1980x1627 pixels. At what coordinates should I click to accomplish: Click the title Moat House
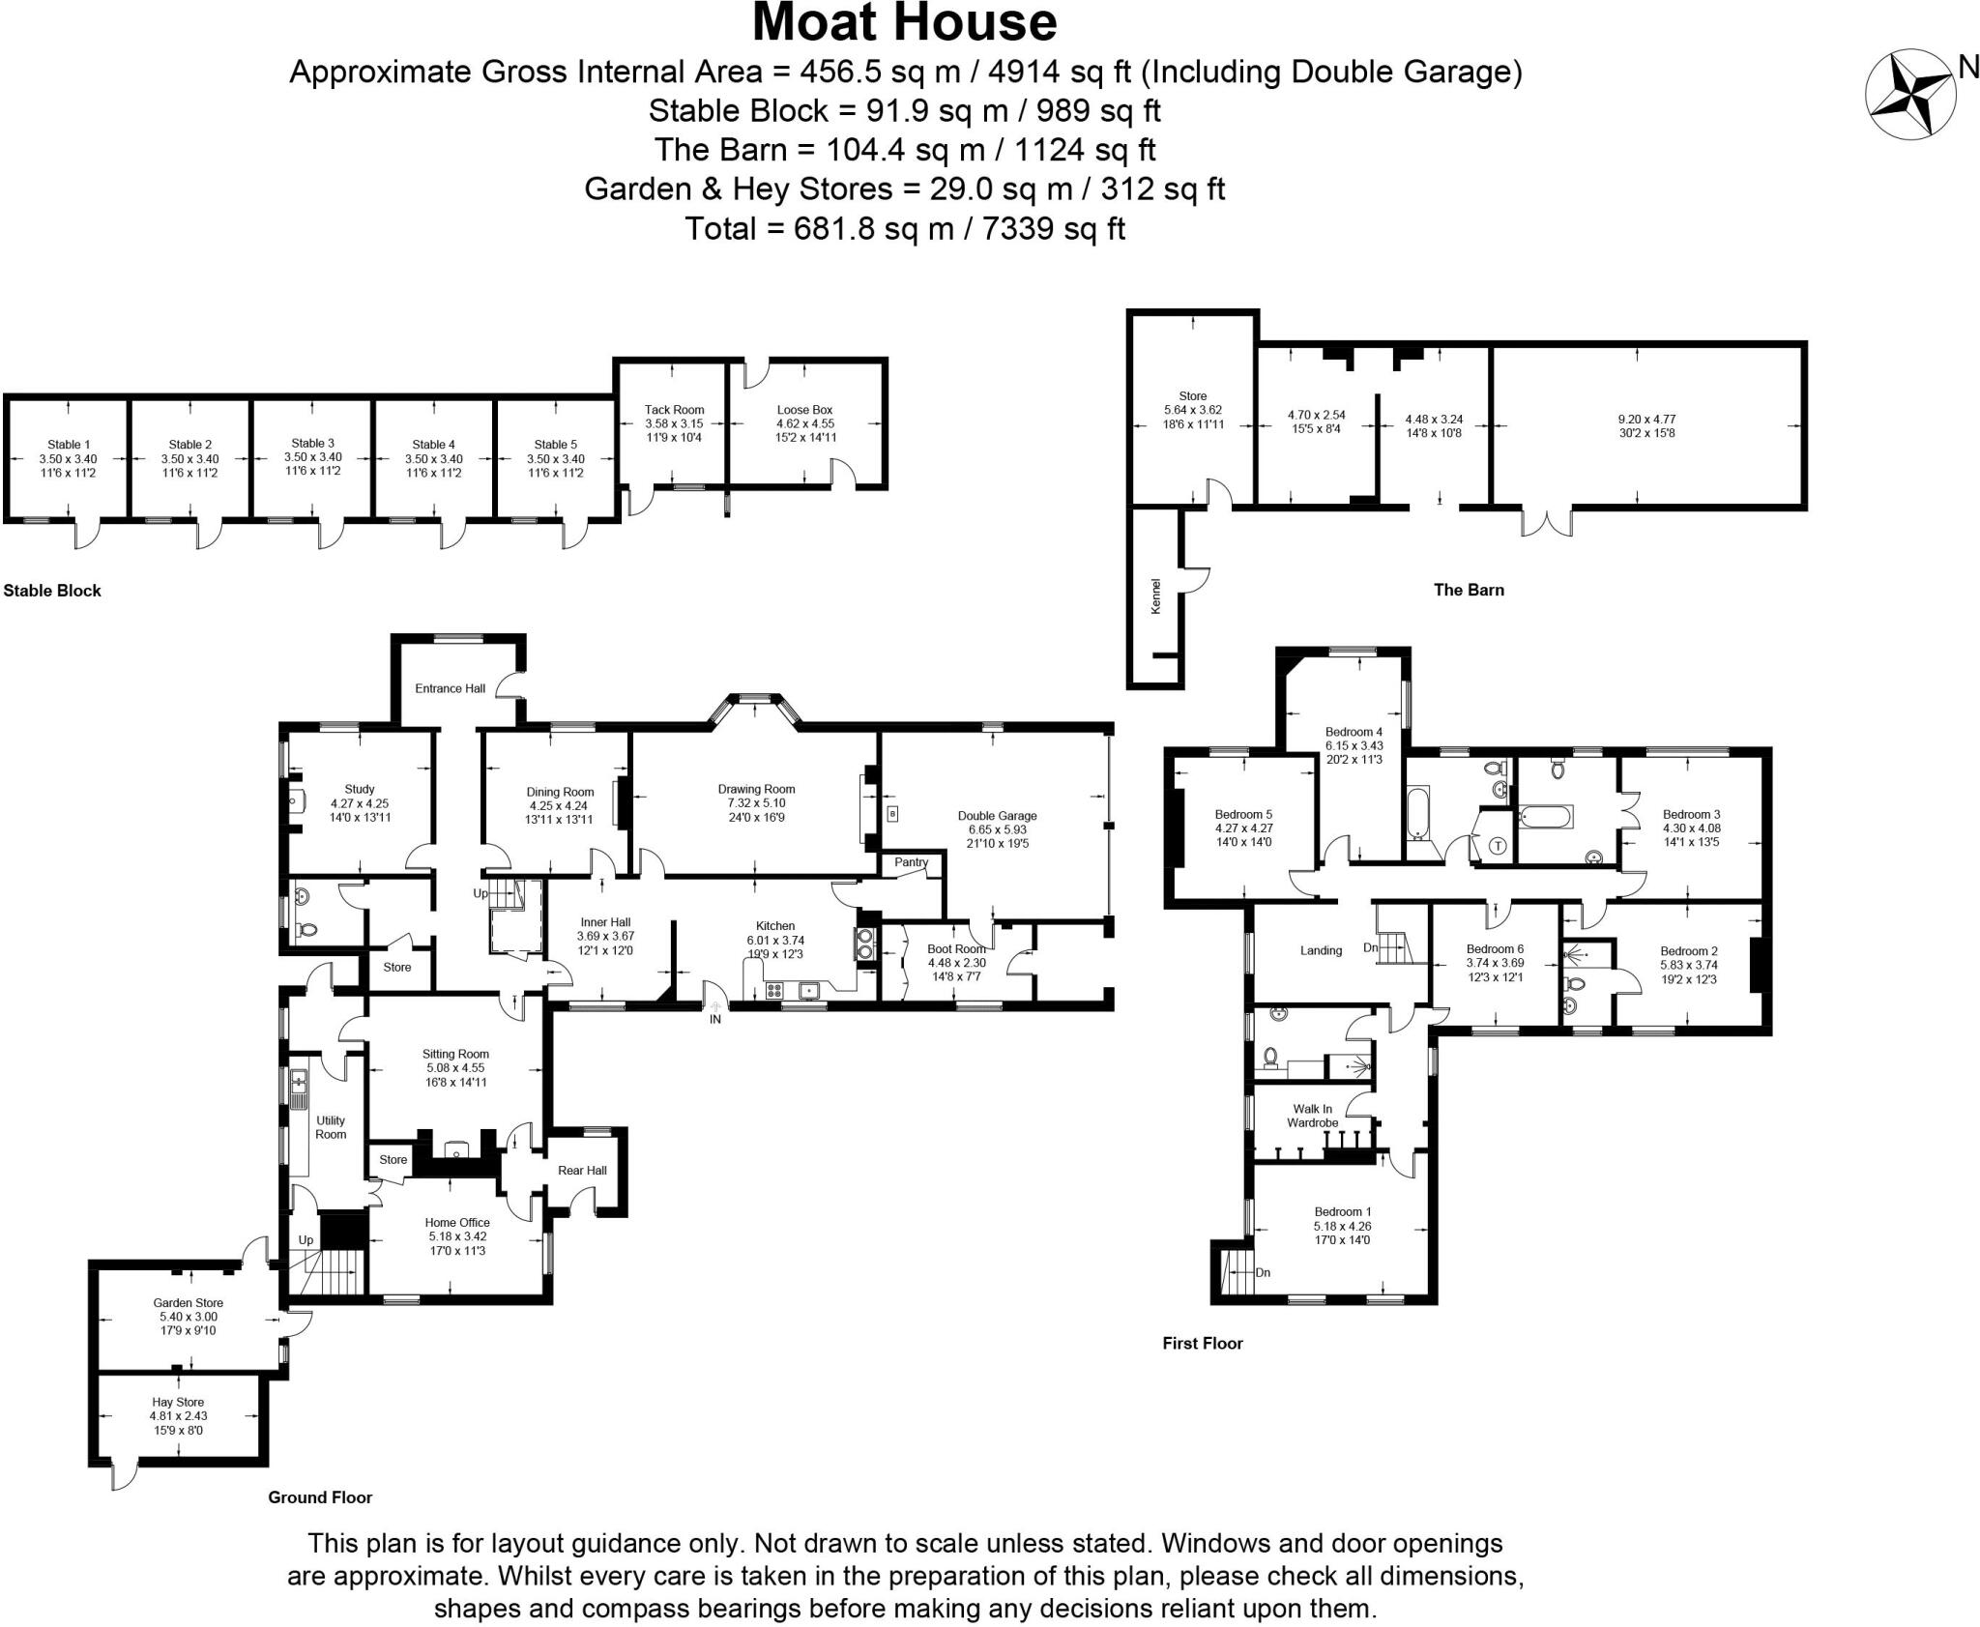coord(904,23)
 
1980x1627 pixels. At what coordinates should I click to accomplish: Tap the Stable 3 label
coord(312,444)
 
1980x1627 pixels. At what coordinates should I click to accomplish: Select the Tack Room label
coord(674,410)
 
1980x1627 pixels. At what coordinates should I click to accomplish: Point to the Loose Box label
coord(804,410)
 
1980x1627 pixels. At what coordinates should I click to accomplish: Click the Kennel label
coord(1155,596)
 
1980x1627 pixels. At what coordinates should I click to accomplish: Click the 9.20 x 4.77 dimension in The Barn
coord(1646,420)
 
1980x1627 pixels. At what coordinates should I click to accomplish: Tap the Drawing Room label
coord(756,789)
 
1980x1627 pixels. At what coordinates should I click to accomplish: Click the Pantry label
coord(911,862)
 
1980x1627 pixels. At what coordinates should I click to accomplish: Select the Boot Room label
coord(956,949)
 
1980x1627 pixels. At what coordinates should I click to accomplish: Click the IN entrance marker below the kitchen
coord(715,1019)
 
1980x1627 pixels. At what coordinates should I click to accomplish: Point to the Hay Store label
coord(178,1402)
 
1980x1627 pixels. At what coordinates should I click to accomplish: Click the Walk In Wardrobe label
coord(1312,1116)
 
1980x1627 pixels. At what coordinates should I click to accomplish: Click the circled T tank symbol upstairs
coord(1499,846)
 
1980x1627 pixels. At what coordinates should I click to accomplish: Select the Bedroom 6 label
coord(1495,949)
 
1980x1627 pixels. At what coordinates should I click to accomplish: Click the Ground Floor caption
coord(320,1497)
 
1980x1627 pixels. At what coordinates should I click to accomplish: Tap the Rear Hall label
coord(582,1171)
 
